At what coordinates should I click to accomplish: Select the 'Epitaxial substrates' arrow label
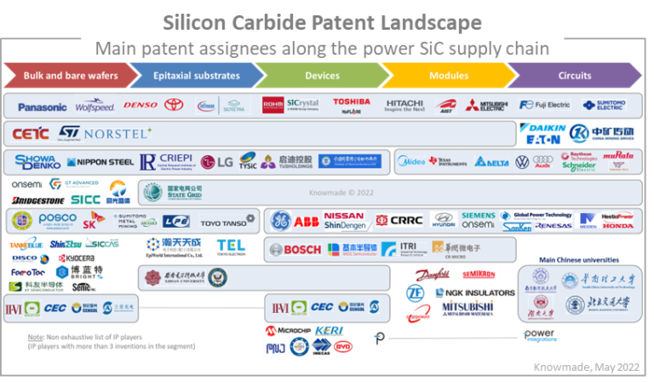[196, 76]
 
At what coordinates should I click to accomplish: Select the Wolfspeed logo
[95, 107]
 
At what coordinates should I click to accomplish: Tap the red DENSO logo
[141, 106]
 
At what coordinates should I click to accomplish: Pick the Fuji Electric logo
[545, 106]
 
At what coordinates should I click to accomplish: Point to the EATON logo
[542, 139]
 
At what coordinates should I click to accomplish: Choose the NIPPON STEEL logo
[100, 161]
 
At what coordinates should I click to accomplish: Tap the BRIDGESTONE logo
[38, 200]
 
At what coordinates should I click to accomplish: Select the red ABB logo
[307, 221]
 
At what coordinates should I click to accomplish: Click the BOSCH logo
[295, 250]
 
